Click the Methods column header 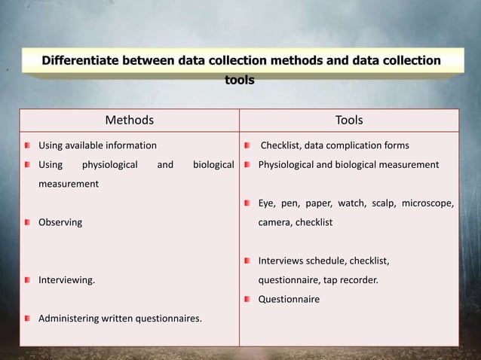pos(129,121)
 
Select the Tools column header pos(348,121)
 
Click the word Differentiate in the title pos(84,60)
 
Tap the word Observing pos(60,223)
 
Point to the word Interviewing pos(66,280)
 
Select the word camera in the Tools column pos(275,223)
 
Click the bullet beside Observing pos(27,223)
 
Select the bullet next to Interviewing pos(27,280)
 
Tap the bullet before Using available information pos(27,145)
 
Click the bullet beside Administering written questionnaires pos(27,319)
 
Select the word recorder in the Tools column pos(357,280)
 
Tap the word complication pos(351,145)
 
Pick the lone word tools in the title pos(240,79)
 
